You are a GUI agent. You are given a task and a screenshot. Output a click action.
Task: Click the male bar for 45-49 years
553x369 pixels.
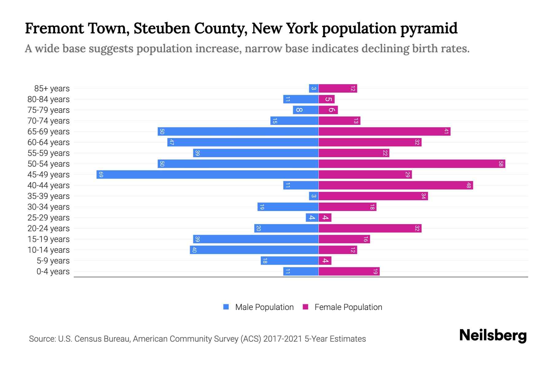(x=207, y=175)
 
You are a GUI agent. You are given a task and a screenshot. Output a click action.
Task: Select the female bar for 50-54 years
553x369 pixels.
(x=412, y=164)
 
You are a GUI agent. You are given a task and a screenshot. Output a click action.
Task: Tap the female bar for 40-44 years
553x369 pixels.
(x=396, y=185)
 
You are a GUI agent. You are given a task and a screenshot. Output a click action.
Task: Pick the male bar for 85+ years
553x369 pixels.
(x=314, y=89)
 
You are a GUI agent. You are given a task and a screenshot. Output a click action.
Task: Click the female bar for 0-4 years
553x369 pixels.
(x=349, y=272)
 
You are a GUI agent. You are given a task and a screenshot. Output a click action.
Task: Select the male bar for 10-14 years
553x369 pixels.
(x=254, y=250)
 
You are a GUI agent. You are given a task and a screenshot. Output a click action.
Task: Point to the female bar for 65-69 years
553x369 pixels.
(x=384, y=132)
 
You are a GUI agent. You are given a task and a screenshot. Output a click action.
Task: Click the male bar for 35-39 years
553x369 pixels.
(x=314, y=196)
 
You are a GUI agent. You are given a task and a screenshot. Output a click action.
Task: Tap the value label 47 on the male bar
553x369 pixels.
(x=172, y=142)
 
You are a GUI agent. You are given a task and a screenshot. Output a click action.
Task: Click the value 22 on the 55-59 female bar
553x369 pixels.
(x=385, y=153)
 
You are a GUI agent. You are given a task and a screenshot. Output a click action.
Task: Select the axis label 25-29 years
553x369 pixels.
(x=49, y=218)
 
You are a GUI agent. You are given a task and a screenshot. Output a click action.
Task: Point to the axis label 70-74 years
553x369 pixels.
(x=49, y=121)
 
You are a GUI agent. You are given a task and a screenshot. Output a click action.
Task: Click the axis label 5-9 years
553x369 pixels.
(x=53, y=261)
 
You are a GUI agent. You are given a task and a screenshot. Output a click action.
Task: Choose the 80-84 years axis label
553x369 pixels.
(x=49, y=99)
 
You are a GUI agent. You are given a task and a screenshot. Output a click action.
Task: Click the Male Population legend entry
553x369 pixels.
(x=264, y=307)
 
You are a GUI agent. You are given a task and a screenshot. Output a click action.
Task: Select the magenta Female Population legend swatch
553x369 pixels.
(x=305, y=307)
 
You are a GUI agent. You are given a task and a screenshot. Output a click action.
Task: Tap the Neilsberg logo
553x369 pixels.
(x=493, y=335)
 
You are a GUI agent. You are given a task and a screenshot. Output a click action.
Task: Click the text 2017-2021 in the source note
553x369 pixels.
(x=283, y=339)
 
